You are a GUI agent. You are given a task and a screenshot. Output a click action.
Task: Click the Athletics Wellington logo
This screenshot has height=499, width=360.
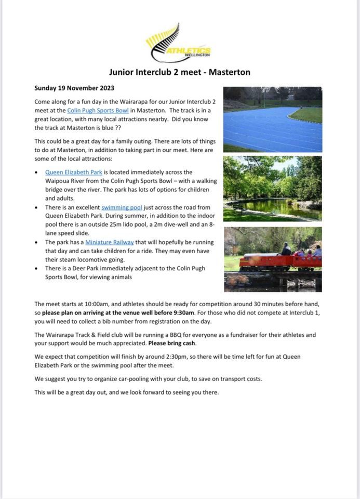click(x=178, y=44)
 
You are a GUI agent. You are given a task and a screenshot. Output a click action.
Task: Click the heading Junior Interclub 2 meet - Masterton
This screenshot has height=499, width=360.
click(x=179, y=72)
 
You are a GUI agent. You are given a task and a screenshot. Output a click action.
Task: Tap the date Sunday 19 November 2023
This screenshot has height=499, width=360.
click(x=74, y=88)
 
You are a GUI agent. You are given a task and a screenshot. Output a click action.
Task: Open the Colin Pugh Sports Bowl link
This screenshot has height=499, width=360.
click(x=98, y=110)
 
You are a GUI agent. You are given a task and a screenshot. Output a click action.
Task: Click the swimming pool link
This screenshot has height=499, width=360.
click(x=122, y=207)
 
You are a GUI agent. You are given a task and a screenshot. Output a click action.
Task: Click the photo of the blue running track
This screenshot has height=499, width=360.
click(x=273, y=119)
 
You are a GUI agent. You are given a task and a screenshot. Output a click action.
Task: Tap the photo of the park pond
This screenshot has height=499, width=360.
click(x=273, y=188)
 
